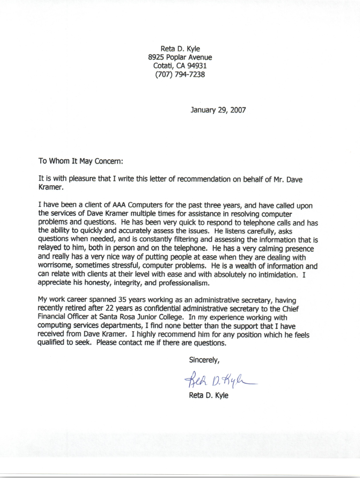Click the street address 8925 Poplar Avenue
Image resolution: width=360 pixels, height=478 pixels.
[180, 57]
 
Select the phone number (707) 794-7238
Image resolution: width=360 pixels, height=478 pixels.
[180, 74]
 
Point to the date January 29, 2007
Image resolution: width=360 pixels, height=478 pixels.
[218, 110]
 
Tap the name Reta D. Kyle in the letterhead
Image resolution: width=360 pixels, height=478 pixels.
[180, 49]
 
